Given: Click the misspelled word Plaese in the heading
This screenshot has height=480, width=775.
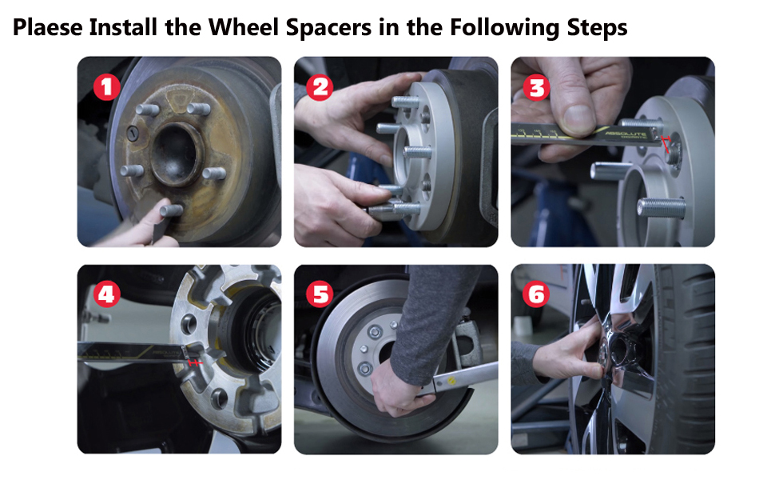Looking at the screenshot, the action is coord(47,27).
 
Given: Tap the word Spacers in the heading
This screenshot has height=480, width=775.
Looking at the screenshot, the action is coord(328,28).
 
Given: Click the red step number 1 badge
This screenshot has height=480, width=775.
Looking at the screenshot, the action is coord(107,87).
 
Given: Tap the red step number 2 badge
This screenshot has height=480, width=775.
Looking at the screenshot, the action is coord(320,87).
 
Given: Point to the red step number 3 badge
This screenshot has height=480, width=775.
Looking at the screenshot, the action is coord(536,87).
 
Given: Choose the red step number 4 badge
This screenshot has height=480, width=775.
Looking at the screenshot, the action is coord(107,294).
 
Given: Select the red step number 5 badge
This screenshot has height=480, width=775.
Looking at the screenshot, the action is coord(320,294).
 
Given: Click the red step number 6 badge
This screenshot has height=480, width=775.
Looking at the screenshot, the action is coord(536,294).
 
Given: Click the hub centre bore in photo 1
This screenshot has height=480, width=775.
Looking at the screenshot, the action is coord(177,153).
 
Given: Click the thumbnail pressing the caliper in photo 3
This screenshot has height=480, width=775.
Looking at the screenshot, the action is coord(579,118).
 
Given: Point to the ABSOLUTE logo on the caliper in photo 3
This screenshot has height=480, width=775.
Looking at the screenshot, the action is coord(626,134).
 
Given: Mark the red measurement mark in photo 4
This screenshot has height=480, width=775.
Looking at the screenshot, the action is coord(195,362).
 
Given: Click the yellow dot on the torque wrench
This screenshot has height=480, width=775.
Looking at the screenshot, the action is coord(451,381).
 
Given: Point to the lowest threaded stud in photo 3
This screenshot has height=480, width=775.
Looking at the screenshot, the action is coord(662,208).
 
